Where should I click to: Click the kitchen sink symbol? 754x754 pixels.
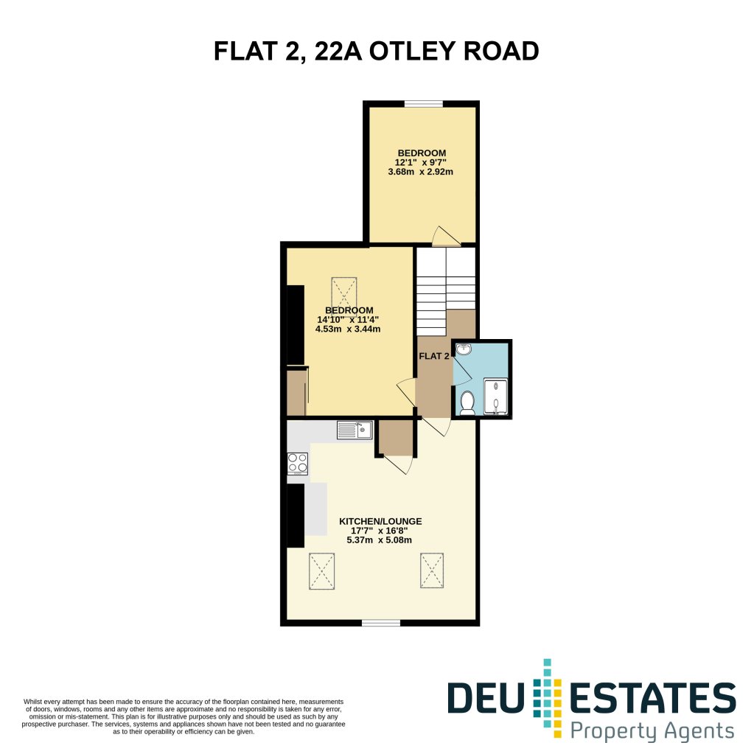[355, 430]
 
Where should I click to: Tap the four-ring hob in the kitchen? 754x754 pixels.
[298, 464]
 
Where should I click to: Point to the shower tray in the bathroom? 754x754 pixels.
[495, 397]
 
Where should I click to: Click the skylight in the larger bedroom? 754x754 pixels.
[343, 293]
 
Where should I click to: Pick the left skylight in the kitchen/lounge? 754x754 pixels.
[321, 570]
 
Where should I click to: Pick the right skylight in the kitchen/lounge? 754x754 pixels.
[432, 570]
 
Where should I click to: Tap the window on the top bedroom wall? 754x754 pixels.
[424, 103]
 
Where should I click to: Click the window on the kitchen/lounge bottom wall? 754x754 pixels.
[381, 623]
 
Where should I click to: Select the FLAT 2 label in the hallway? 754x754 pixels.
[434, 356]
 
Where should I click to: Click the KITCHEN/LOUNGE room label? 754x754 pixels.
[380, 521]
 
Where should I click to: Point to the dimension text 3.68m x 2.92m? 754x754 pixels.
[421, 172]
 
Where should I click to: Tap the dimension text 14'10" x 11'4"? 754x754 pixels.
[348, 320]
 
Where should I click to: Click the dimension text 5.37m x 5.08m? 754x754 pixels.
[380, 540]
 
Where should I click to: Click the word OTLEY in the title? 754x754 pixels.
[411, 51]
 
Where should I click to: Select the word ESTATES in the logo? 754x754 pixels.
[652, 698]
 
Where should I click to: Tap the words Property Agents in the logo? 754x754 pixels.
[652, 732]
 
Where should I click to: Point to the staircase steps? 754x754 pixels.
[446, 291]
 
